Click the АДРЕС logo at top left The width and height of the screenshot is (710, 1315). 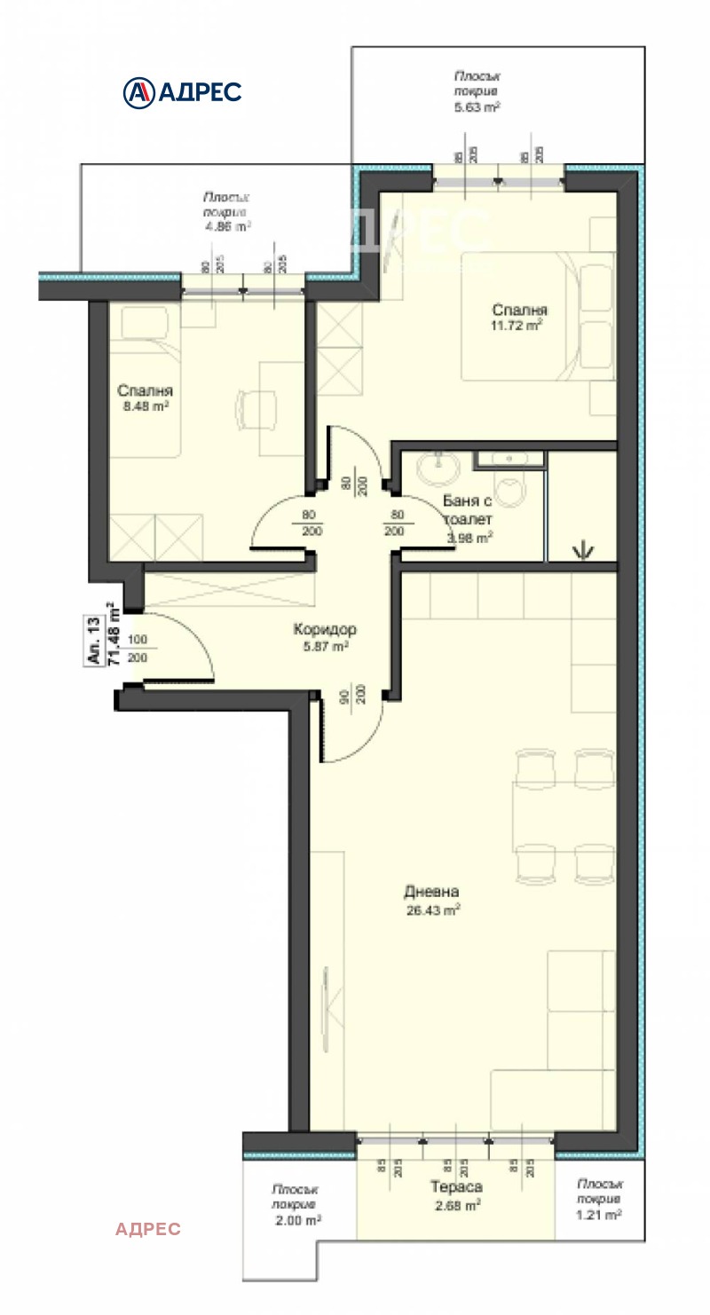click(182, 91)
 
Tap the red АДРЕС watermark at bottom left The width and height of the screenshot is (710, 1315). click(147, 1228)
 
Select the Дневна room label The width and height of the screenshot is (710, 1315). click(432, 892)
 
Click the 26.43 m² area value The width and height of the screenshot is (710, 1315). click(432, 910)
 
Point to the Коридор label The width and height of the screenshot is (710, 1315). click(325, 629)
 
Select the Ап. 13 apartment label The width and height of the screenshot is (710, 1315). click(92, 640)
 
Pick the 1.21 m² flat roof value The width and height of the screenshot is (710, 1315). click(599, 1215)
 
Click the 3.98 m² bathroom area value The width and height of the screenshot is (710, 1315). click(469, 537)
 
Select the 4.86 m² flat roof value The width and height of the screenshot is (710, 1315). click(225, 226)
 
